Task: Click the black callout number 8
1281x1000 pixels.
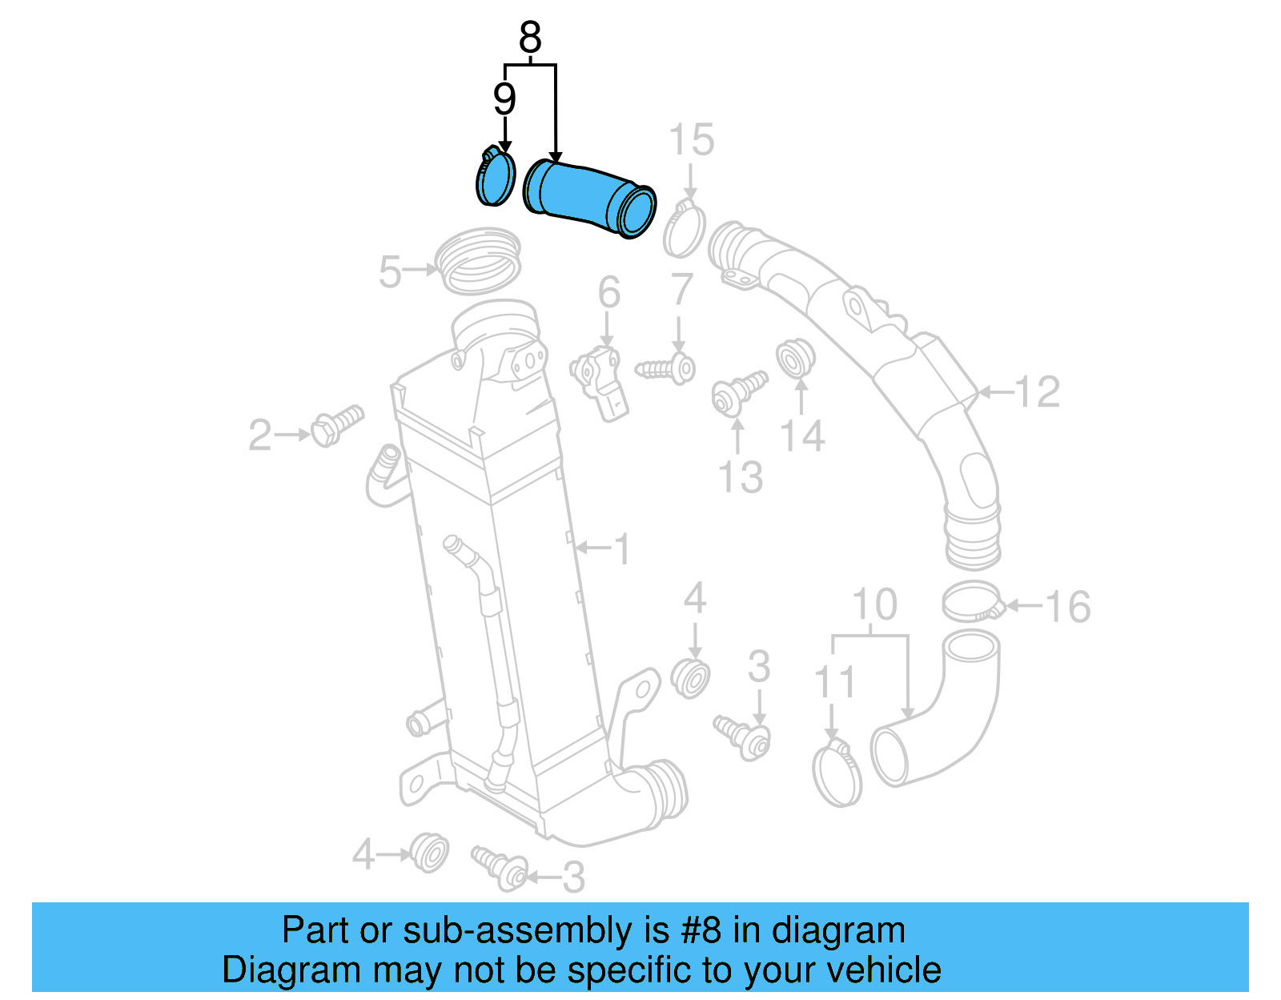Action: [x=530, y=38]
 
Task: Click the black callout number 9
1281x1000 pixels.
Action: [x=504, y=99]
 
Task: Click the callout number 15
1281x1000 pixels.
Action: [x=691, y=141]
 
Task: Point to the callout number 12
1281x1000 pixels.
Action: [x=1037, y=392]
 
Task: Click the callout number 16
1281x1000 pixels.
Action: [x=1067, y=607]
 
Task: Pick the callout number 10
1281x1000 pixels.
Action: [x=874, y=605]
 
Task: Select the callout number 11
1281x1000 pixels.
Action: [x=834, y=683]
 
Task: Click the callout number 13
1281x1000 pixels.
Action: [x=740, y=477]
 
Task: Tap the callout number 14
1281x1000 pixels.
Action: [x=801, y=436]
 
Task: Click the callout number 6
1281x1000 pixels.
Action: [x=608, y=292]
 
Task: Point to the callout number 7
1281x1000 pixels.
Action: [x=681, y=290]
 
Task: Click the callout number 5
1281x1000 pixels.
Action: [x=390, y=272]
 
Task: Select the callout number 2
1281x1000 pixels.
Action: [x=259, y=436]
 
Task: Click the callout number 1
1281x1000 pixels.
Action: [x=622, y=550]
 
